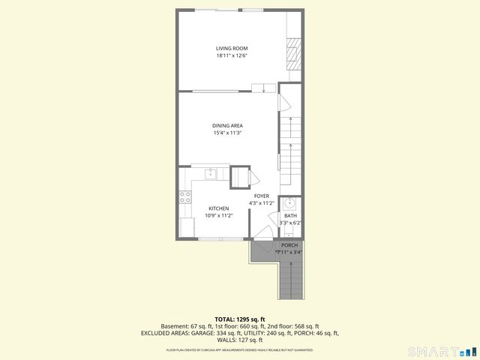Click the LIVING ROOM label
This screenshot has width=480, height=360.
(232, 49)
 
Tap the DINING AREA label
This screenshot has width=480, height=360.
(228, 125)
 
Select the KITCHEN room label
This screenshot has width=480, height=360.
(218, 208)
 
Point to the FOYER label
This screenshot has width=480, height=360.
(261, 196)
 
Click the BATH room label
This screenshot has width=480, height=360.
(290, 215)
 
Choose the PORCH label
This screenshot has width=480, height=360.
(289, 245)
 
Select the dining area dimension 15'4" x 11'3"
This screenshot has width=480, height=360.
(228, 133)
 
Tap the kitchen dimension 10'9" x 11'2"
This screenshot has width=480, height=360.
(219, 216)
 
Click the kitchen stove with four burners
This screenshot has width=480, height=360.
(184, 199)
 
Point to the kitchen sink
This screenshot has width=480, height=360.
(211, 174)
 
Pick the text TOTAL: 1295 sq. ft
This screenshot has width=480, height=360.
(239, 319)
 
